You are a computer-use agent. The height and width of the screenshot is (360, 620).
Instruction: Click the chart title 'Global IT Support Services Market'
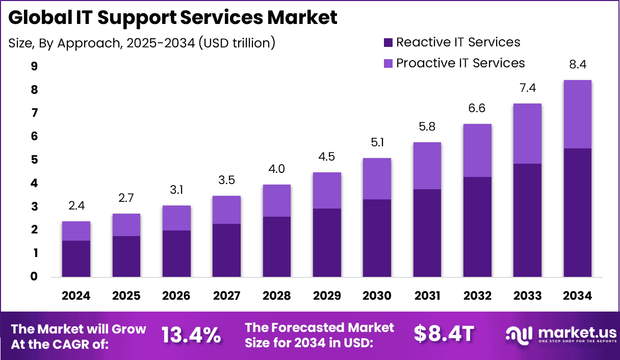point(173,17)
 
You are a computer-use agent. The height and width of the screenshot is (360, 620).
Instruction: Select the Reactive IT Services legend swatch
point(388,42)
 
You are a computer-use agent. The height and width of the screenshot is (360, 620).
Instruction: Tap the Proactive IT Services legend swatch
point(388,63)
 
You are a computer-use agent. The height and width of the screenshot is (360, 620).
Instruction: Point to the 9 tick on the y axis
point(35,66)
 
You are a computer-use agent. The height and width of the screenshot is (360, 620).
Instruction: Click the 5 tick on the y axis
point(35,160)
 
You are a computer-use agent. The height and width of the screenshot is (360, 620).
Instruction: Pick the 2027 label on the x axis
point(226,296)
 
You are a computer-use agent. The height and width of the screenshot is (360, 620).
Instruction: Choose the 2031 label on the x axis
point(427,296)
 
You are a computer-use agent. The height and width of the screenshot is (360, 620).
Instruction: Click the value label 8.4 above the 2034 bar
point(577,65)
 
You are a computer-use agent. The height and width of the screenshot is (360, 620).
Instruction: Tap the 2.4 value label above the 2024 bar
point(76,206)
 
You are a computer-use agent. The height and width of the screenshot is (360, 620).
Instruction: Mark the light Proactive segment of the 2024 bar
point(76,230)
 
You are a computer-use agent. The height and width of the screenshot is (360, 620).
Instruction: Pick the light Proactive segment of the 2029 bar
point(327,190)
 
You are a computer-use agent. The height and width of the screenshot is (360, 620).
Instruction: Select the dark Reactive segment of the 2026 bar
point(176,253)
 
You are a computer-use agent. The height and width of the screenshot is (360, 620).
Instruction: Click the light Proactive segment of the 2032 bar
point(477,150)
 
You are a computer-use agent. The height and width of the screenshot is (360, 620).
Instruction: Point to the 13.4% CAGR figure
point(191,335)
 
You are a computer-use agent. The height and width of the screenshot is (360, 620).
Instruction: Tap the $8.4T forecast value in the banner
point(444,334)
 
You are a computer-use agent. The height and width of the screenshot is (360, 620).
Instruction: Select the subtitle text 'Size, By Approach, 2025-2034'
point(142,43)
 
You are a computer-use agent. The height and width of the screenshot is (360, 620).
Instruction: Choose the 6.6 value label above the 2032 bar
point(477,109)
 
